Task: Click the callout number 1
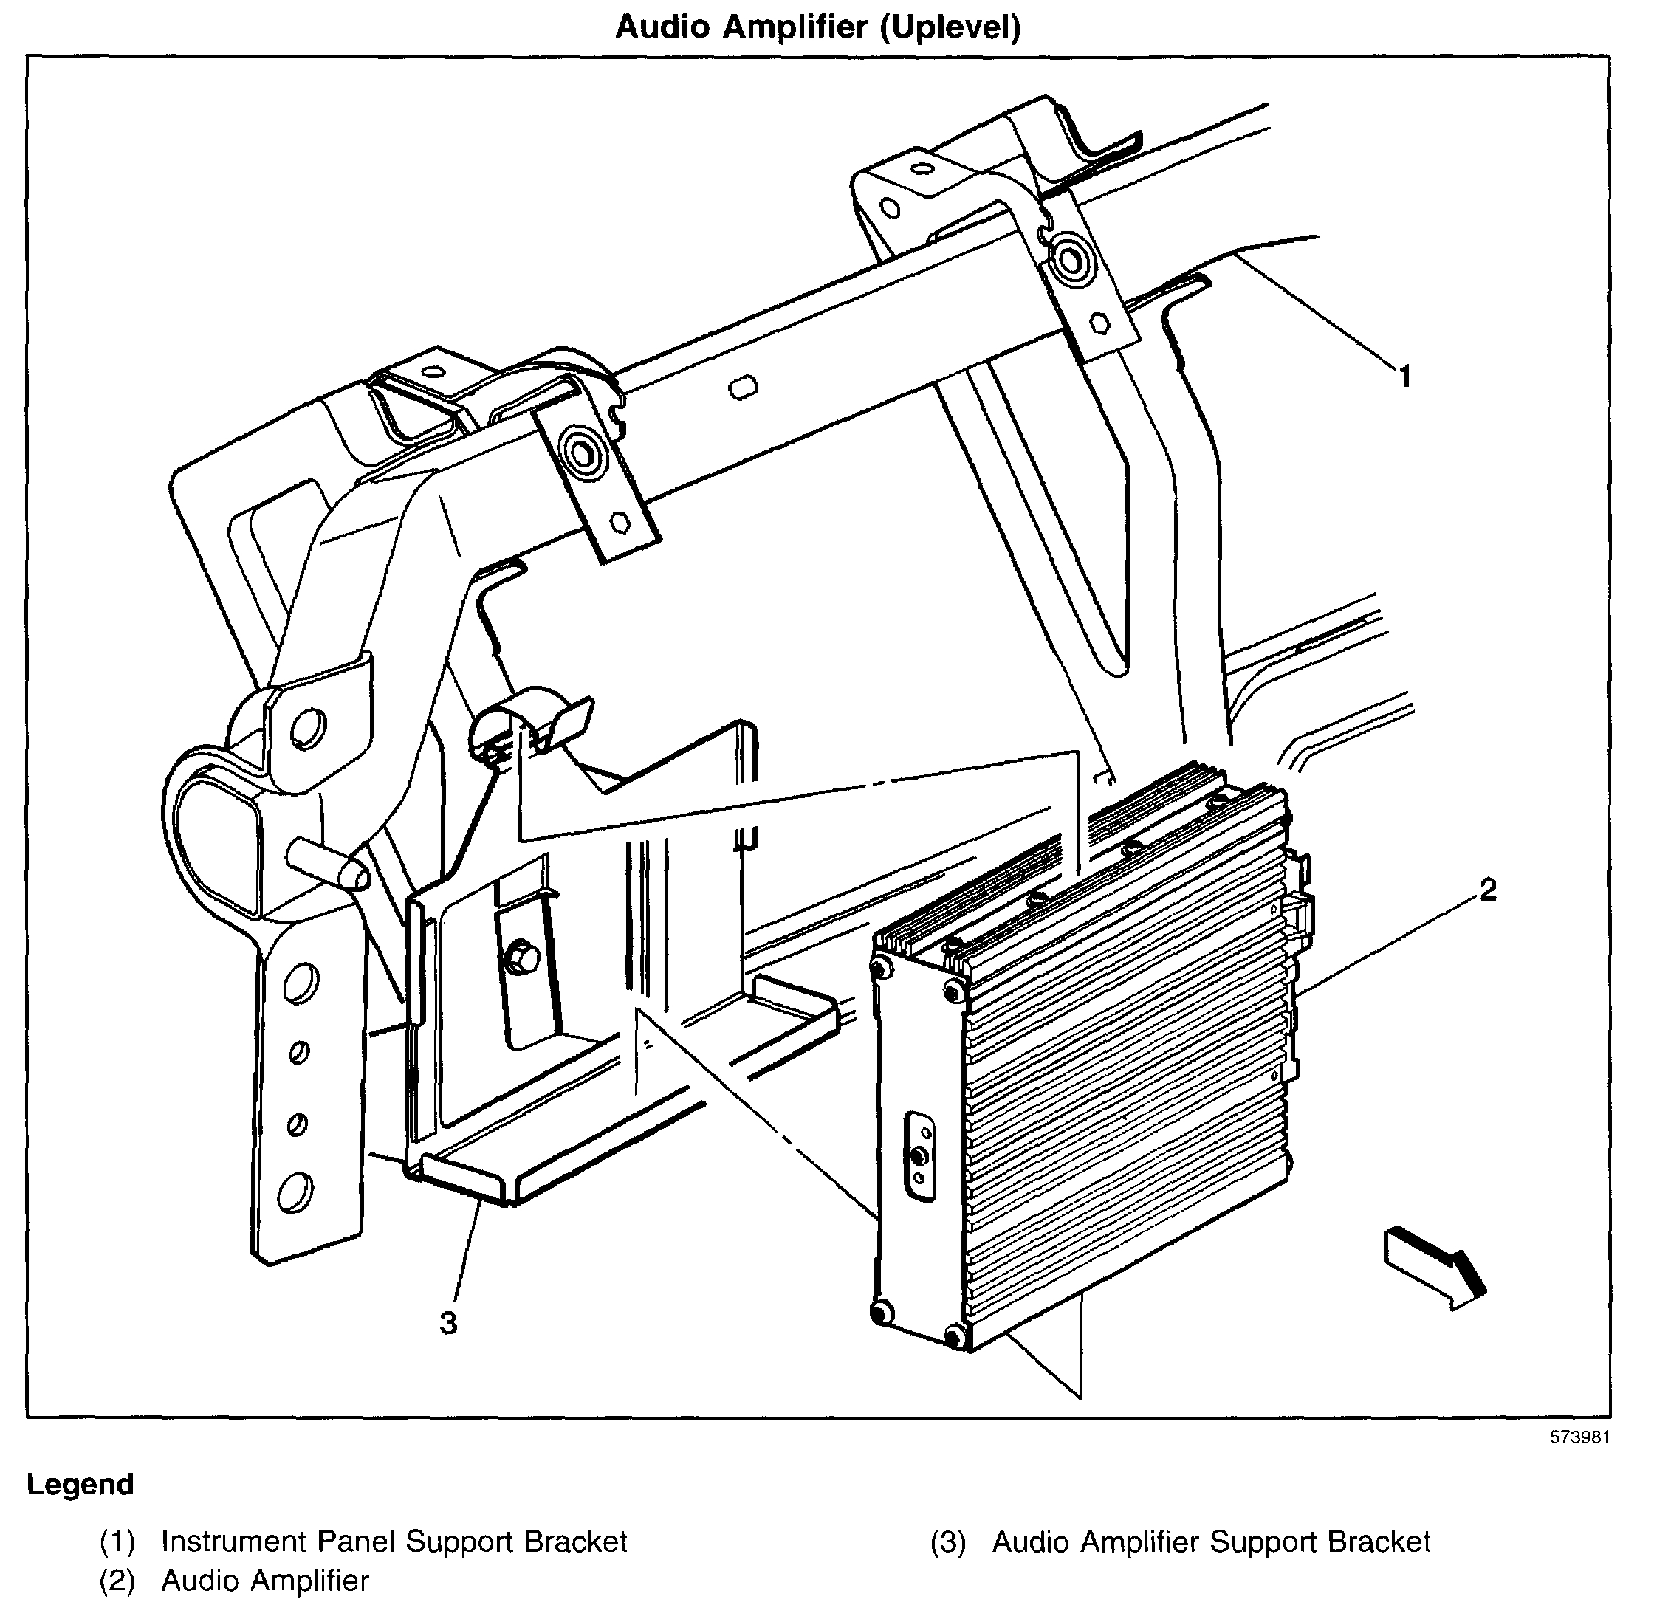[x=1405, y=377]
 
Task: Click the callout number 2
[x=1488, y=890]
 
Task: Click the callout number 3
[x=448, y=1323]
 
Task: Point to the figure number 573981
[x=1579, y=1437]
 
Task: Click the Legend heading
[x=80, y=1485]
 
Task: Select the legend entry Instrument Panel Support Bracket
[x=394, y=1542]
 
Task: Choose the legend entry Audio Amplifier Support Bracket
[x=1210, y=1542]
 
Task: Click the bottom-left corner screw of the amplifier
[x=880, y=1310]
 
